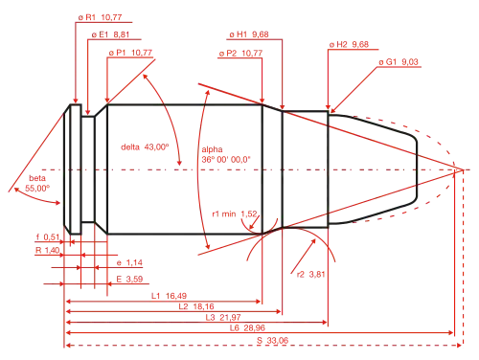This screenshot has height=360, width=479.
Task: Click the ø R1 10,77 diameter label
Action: point(101,17)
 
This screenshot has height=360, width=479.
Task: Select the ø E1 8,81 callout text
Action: point(110,34)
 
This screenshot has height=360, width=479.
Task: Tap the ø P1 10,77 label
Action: point(130,53)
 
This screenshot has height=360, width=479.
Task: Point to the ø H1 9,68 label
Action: point(249,34)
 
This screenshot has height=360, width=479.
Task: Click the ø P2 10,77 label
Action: point(241,54)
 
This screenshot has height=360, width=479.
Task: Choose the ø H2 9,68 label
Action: point(349,44)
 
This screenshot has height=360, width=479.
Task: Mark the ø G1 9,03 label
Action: point(399,62)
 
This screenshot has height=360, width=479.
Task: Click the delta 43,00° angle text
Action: point(145,147)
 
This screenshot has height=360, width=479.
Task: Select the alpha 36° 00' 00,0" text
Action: point(226,154)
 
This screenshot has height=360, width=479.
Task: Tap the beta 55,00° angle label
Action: point(37,183)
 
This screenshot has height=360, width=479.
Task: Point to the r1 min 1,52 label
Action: point(235,214)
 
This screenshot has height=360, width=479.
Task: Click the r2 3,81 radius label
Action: point(311,275)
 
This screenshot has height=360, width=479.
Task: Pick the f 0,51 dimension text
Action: point(48,236)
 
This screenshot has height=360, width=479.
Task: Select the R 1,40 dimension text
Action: point(47,250)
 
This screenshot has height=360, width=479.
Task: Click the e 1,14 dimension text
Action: point(129,263)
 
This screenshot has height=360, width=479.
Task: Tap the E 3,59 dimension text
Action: point(129,280)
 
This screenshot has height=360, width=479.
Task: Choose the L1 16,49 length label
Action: point(169,296)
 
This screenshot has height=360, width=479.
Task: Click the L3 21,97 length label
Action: point(223,317)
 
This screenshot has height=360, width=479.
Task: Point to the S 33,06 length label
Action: point(273,341)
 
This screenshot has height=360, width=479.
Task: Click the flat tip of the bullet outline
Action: point(417,170)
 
